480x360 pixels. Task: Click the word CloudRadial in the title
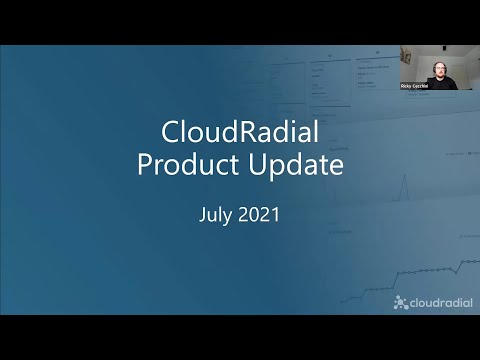pyautogui.click(x=239, y=133)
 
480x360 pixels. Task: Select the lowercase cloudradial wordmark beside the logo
pyautogui.click(x=438, y=302)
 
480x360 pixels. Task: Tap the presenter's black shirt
pyautogui.click(x=440, y=84)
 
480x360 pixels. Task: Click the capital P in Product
pyautogui.click(x=145, y=165)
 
